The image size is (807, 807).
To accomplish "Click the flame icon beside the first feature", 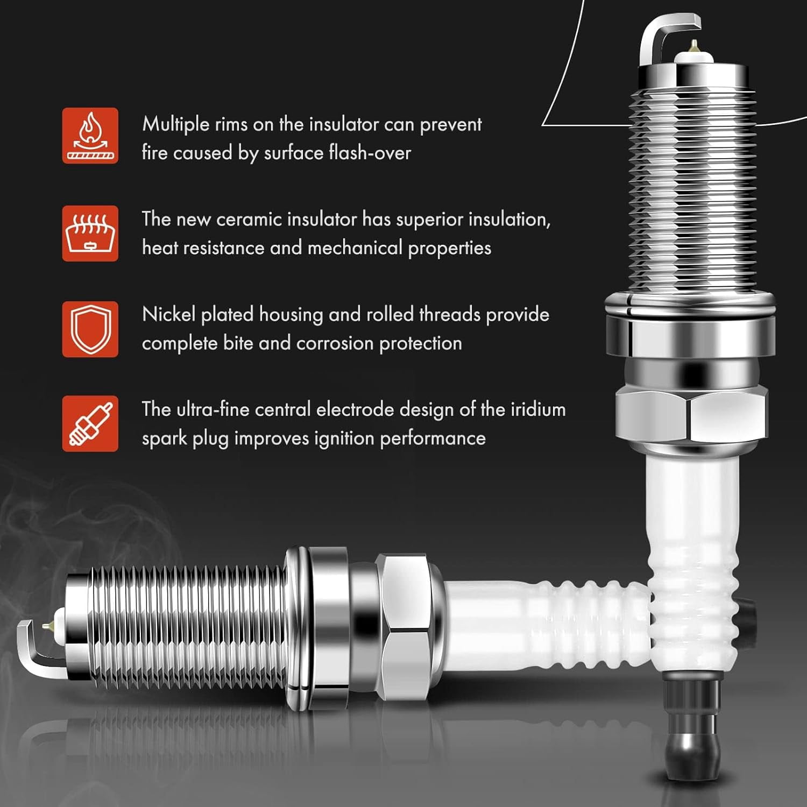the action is (x=90, y=136).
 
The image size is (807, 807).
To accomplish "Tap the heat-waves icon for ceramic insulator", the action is (x=90, y=233).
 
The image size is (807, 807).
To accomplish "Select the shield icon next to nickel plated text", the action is (x=90, y=329).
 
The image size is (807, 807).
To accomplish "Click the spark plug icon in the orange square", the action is (x=90, y=424).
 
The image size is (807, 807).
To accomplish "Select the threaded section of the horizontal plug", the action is (x=188, y=624).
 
